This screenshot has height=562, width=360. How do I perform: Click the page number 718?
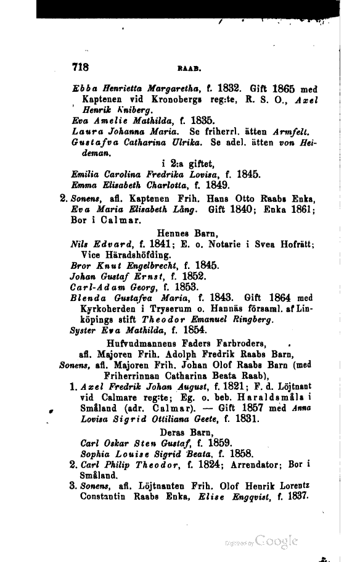(x=81, y=67)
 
